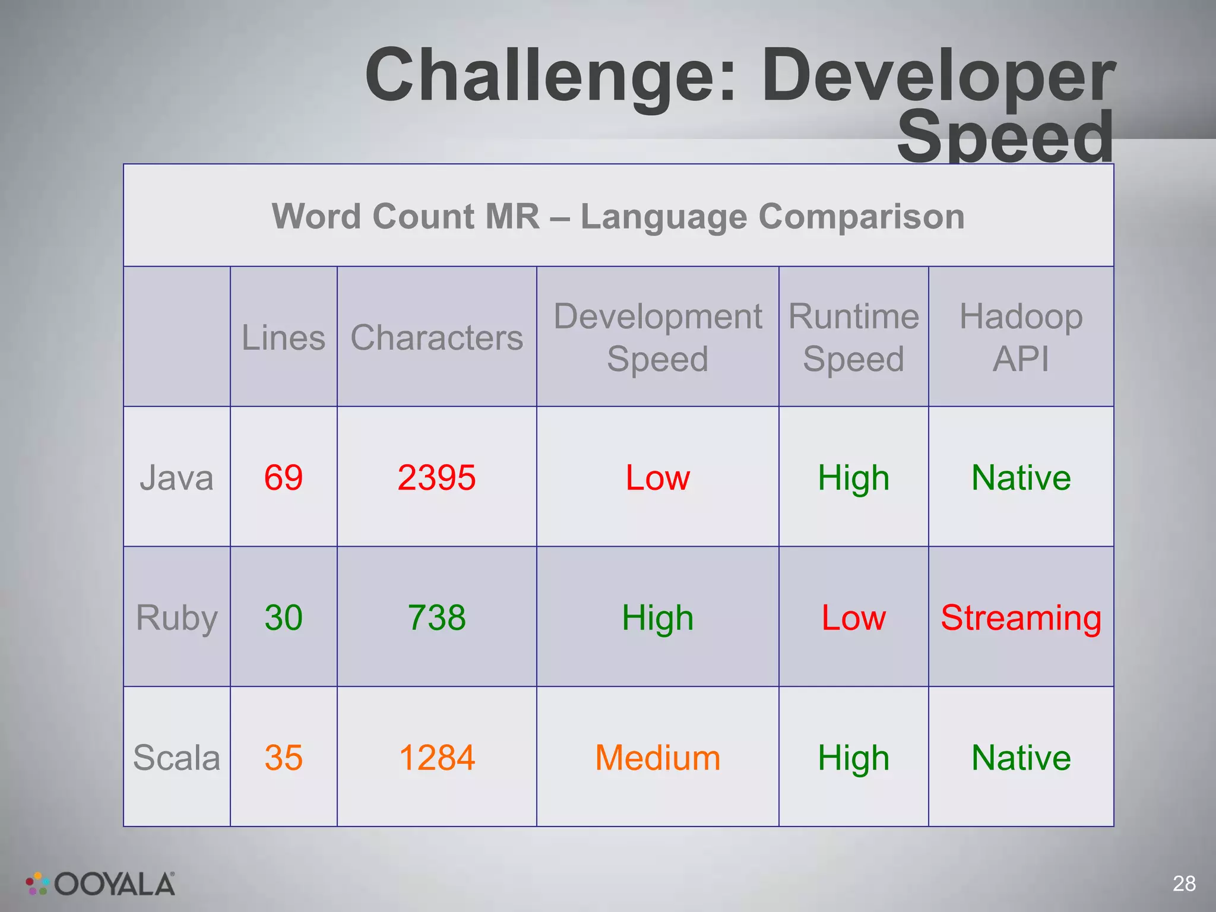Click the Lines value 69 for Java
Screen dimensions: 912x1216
[283, 477]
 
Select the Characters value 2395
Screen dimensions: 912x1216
[436, 477]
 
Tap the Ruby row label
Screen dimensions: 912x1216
[176, 617]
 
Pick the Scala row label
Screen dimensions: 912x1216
[176, 758]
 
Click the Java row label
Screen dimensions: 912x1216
[176, 477]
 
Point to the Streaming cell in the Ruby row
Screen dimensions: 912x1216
[1021, 617]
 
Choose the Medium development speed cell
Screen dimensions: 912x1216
[657, 758]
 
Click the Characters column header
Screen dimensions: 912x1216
[436, 337]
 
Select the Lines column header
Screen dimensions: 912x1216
[283, 337]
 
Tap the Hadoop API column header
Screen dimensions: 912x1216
[1021, 337]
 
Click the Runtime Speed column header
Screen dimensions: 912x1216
[853, 337]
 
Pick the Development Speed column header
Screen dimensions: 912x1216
[657, 337]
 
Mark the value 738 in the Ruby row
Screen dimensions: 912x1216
[436, 617]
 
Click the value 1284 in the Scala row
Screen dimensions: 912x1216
[436, 758]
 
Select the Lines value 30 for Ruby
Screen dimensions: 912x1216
[283, 617]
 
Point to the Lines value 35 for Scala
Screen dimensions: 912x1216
[283, 758]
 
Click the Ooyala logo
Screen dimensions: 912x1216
[101, 884]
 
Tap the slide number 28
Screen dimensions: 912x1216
[1184, 883]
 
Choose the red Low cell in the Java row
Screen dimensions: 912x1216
[657, 477]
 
